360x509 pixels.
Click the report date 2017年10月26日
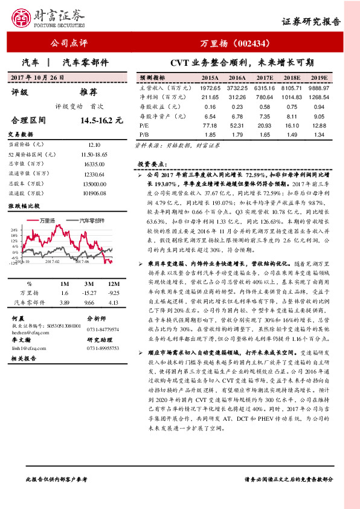tap(37, 79)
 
